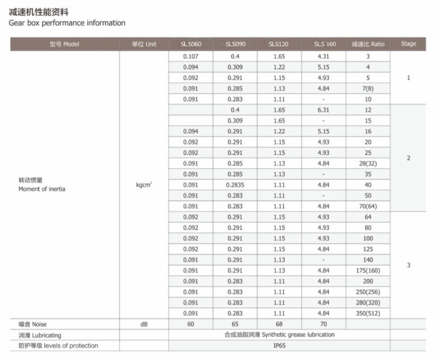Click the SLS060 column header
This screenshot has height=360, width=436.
[190, 44]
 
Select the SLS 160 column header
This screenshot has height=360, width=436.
[324, 44]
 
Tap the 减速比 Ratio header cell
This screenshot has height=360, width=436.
[368, 44]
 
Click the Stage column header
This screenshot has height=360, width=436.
[408, 44]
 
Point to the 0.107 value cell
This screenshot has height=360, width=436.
[190, 56]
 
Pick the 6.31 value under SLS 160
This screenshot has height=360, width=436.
[324, 110]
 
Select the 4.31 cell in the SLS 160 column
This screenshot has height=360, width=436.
[324, 56]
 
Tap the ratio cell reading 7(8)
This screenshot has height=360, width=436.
[368, 88]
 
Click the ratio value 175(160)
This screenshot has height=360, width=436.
[368, 270]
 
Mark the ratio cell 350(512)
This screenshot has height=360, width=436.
[368, 313]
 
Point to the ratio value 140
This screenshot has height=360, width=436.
[368, 259]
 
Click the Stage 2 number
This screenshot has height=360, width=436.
[408, 158]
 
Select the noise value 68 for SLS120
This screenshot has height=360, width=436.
[279, 324]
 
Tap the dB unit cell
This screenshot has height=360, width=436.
[143, 324]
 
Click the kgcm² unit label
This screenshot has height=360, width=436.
[143, 184]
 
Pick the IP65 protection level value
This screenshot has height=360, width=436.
[279, 346]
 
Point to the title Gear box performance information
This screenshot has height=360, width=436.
[67, 22]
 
